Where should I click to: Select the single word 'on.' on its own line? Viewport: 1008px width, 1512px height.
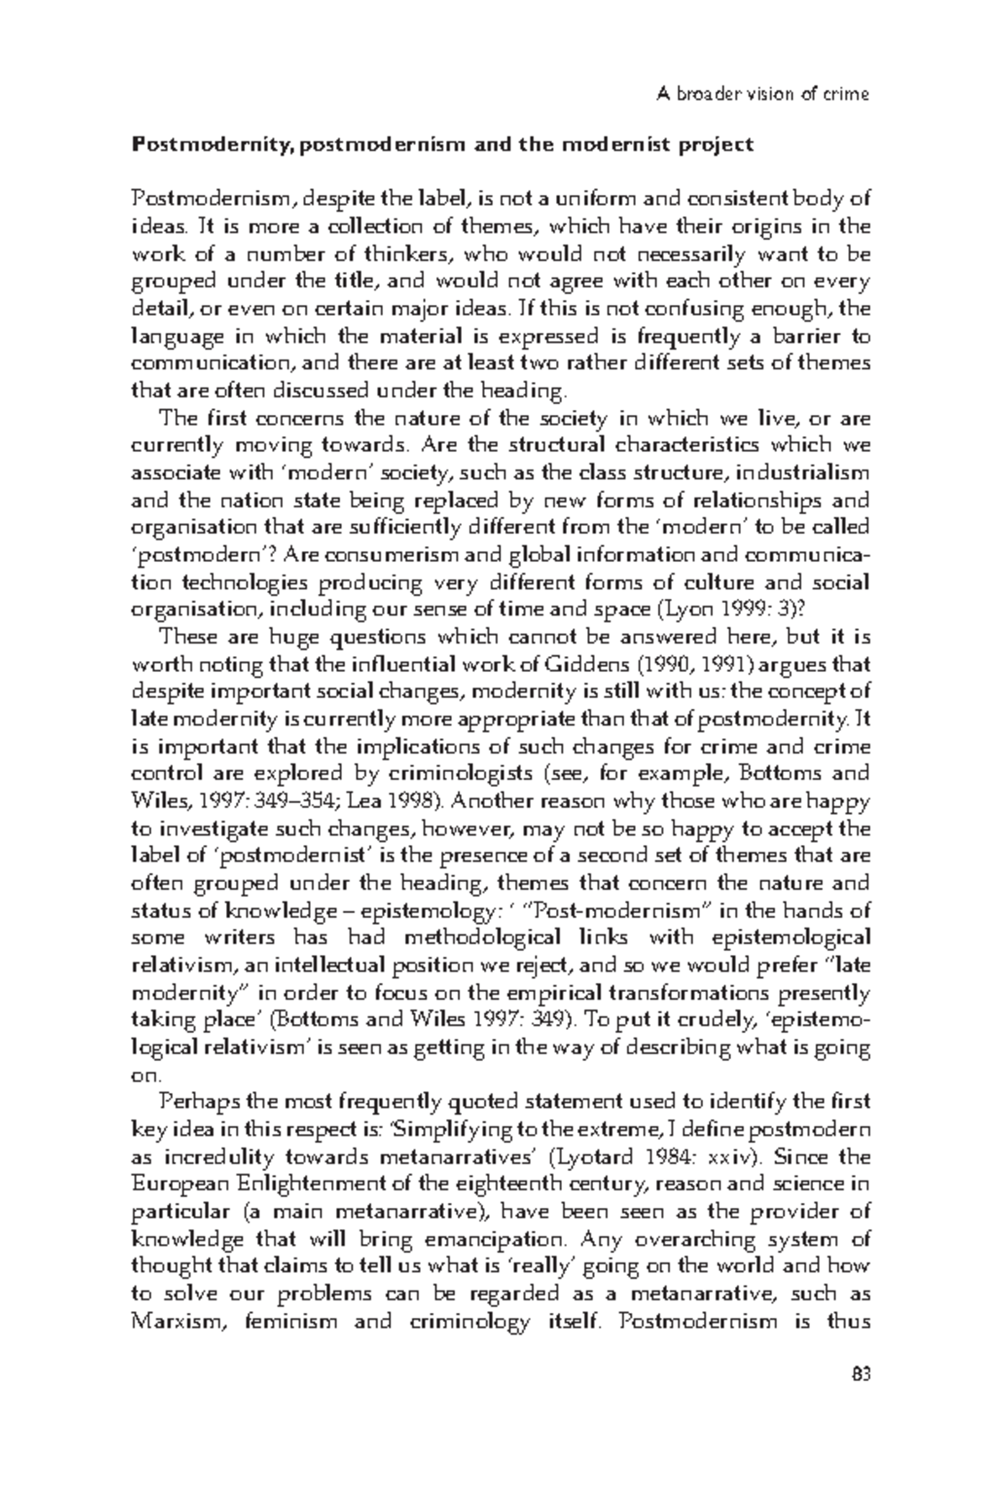146,1075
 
